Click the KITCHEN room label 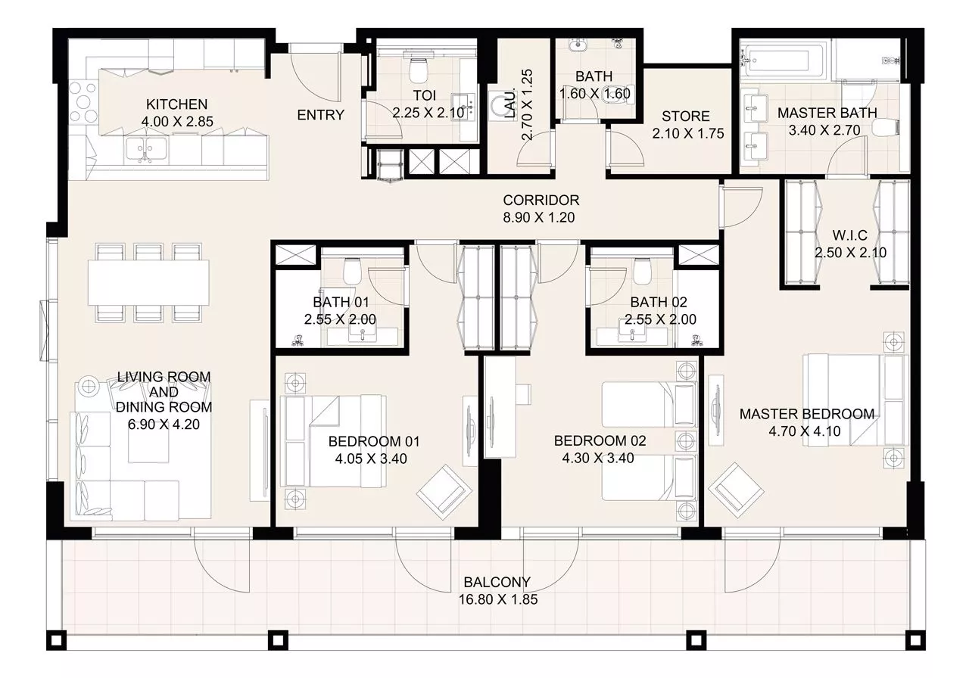point(176,104)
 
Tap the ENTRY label point(320,115)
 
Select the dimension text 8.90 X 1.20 point(541,217)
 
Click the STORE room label point(685,117)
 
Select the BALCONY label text point(497,583)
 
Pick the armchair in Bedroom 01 point(443,490)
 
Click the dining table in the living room point(149,283)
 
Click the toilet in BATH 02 point(642,270)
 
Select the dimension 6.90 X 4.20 point(164,425)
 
